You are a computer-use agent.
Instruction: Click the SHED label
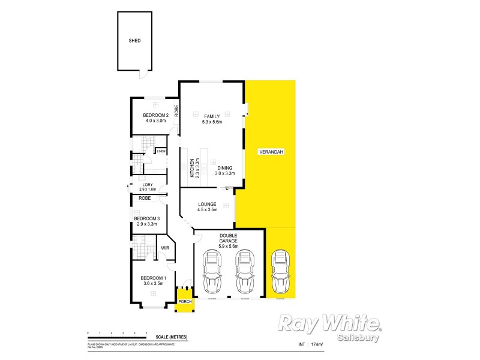tap(134, 41)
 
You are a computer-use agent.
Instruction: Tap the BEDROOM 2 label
tap(155, 115)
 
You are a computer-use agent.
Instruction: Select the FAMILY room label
tap(212, 116)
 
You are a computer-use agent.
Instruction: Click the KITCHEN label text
tap(192, 168)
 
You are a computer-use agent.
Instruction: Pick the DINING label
tap(225, 168)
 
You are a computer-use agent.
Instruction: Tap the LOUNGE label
tap(208, 205)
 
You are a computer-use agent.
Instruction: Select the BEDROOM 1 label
tap(152, 278)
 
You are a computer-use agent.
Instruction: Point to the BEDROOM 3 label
tap(146, 218)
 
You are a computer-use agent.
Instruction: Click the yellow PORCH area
tap(184, 301)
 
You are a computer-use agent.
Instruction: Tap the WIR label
tap(165, 247)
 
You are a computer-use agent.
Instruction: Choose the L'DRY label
tap(147, 184)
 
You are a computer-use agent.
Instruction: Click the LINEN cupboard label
tap(161, 151)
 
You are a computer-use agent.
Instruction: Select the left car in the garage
tap(211, 271)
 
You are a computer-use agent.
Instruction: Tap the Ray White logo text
tap(328, 324)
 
